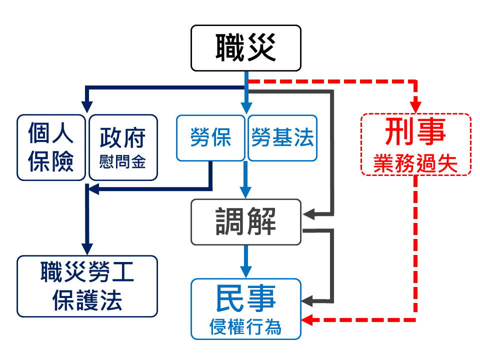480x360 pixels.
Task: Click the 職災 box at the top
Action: coord(246,47)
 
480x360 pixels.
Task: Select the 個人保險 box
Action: coord(51,147)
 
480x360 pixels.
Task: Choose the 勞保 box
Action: coord(211,138)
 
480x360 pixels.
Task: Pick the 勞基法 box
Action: coord(282,138)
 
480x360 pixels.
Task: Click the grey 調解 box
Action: coord(246,221)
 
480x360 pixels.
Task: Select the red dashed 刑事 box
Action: coord(415,144)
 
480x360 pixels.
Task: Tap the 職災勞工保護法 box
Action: coord(87,286)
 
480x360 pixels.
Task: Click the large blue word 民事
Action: coord(246,298)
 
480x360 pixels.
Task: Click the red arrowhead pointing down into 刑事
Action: coord(415,107)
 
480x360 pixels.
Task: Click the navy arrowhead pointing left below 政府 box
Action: coord(93,189)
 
